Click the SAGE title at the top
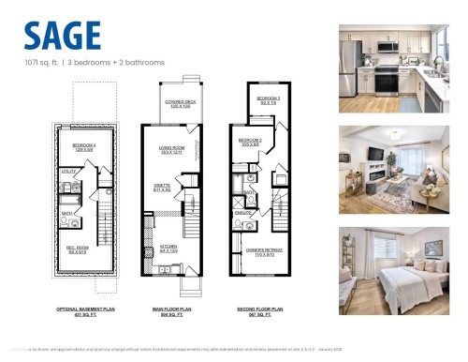coord(63,35)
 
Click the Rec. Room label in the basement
coord(77,249)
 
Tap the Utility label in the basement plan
coord(68,173)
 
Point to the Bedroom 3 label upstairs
coord(269,99)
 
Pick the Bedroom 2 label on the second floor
coord(250,143)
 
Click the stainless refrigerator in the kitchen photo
coord(351,67)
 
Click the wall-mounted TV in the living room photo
coord(374,155)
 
